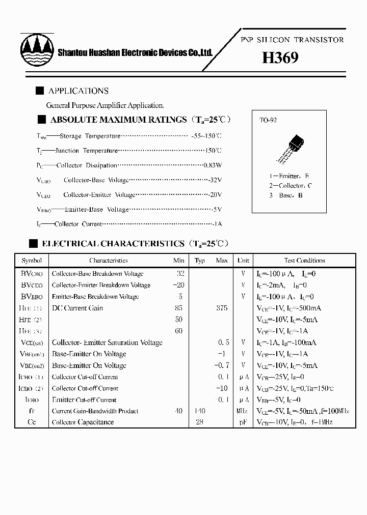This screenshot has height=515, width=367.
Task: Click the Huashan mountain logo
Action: coord(37,47)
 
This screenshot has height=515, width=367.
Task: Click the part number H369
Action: coord(280,58)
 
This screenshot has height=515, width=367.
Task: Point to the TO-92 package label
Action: coord(268,121)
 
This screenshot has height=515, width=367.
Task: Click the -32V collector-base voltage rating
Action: coord(215,180)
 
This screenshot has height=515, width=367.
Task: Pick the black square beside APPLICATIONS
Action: coord(39,91)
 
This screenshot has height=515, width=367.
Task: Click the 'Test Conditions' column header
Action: coord(304,261)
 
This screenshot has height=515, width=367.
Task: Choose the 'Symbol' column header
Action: coord(32,261)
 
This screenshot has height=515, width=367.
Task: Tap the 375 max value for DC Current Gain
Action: coord(222,308)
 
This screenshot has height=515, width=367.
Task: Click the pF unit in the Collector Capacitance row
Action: coord(243,422)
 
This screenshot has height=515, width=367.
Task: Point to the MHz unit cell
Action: coord(243,411)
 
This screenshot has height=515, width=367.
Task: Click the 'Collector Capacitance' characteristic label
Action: coord(83,422)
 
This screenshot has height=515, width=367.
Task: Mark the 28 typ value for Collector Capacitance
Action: coord(199,422)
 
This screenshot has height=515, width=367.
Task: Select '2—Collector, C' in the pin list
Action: coord(291,186)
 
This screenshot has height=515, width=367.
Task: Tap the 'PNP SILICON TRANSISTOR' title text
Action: coord(292,40)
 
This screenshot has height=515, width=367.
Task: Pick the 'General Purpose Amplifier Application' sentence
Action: coord(105,105)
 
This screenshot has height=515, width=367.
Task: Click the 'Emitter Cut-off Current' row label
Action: coord(84,400)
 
